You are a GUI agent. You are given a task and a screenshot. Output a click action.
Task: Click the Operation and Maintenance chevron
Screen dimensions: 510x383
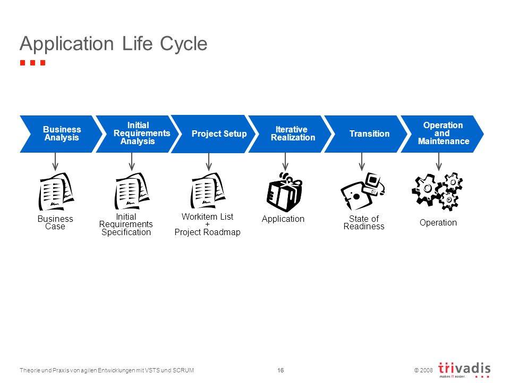[x=443, y=134]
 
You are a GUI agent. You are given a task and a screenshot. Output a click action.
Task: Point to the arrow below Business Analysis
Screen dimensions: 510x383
[x=55, y=162]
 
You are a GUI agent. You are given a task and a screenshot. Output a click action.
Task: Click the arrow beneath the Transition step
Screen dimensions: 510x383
[x=362, y=162]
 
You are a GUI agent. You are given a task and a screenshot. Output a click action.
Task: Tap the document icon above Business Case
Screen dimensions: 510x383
[x=56, y=191]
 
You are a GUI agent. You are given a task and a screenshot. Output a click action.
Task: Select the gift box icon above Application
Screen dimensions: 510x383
[x=284, y=192]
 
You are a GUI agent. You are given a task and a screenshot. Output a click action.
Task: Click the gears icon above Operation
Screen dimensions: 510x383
[x=437, y=191]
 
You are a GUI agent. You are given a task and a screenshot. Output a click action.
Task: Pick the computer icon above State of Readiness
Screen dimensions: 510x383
[x=362, y=191]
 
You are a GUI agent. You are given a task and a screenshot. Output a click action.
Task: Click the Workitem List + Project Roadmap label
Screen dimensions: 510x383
[x=208, y=224]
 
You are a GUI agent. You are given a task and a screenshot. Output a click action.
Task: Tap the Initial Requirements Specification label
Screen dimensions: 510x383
[x=126, y=224]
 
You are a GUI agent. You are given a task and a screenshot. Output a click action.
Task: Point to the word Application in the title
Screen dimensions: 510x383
[x=67, y=44]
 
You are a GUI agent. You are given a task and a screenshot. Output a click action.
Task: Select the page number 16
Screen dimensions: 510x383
[x=280, y=370]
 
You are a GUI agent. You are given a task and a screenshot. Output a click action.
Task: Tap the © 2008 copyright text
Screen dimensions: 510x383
[x=423, y=370]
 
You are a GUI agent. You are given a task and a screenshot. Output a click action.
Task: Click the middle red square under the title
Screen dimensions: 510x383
[x=32, y=63]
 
